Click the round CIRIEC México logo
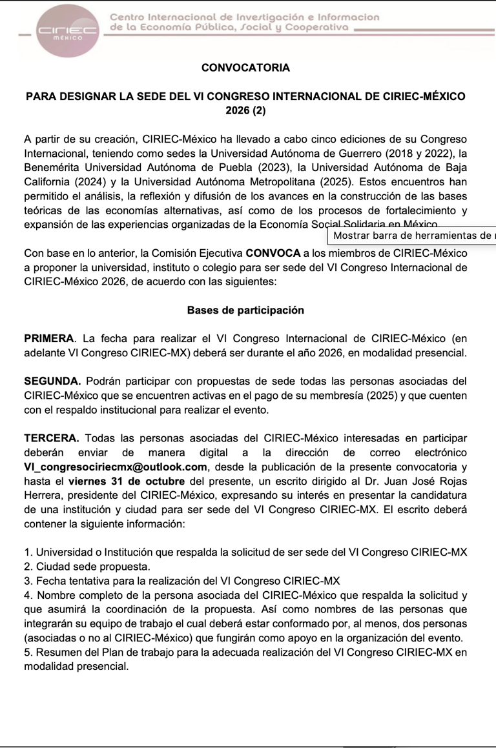68,31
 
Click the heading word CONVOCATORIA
245,67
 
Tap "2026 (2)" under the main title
245,110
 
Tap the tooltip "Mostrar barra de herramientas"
411,235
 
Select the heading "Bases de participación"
245,310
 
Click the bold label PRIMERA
48,339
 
